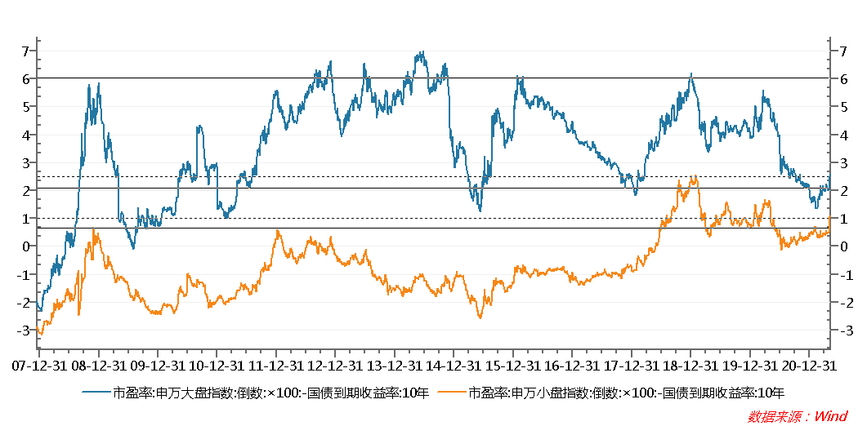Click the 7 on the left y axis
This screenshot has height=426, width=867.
pyautogui.click(x=25, y=51)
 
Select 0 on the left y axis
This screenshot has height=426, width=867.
pyautogui.click(x=25, y=246)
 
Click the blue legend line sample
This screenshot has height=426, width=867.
pyautogui.click(x=97, y=393)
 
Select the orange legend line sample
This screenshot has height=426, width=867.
pyautogui.click(x=452, y=393)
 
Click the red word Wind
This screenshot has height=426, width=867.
pyautogui.click(x=830, y=416)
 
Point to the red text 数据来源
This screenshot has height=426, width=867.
pyautogui.click(x=775, y=416)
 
